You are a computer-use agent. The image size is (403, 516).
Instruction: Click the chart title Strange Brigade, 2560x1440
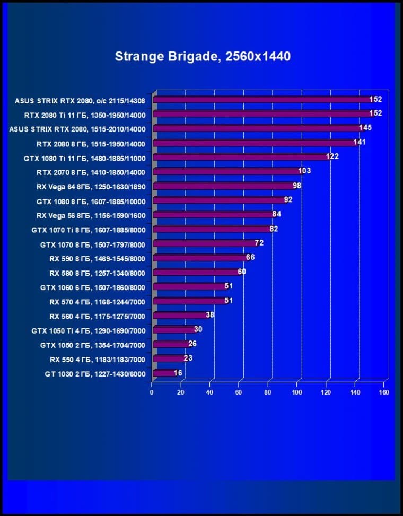click(x=203, y=56)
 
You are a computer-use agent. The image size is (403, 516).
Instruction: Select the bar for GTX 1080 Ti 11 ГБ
click(x=241, y=157)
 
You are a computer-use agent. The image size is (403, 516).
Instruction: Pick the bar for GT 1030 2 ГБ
click(x=164, y=373)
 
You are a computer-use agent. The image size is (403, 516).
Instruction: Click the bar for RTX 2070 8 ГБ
click(x=227, y=172)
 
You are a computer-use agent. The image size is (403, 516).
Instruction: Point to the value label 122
click(x=332, y=156)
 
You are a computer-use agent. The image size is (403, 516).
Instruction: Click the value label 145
click(x=365, y=128)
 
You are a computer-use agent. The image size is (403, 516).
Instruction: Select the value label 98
click(x=297, y=186)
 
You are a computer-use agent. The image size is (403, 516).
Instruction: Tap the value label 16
click(x=178, y=373)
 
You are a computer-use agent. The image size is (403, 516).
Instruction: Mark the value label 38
click(x=210, y=314)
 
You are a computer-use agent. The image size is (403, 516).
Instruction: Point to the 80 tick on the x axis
click(x=268, y=392)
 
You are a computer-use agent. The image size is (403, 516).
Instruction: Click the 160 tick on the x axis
click(x=384, y=392)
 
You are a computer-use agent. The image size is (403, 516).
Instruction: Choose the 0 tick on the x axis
click(x=152, y=392)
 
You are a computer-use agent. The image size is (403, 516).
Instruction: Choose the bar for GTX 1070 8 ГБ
click(x=204, y=244)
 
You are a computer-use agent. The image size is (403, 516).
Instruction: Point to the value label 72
click(x=259, y=243)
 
